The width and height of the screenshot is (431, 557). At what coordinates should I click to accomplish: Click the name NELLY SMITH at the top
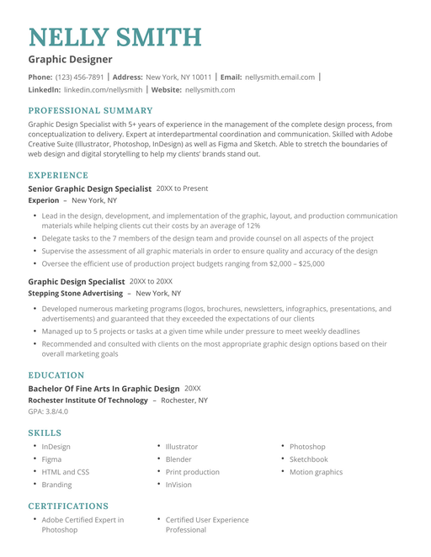pyautogui.click(x=115, y=37)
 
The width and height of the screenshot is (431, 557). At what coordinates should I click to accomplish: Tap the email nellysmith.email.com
pyautogui.click(x=279, y=77)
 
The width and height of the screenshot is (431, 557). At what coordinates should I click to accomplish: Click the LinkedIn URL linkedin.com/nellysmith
pyautogui.click(x=103, y=89)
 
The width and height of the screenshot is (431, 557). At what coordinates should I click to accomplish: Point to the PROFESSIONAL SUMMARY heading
pyautogui.click(x=91, y=110)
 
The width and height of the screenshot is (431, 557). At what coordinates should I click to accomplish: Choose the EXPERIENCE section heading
pyautogui.click(x=58, y=175)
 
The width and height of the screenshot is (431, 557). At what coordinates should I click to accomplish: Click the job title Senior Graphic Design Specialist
pyautogui.click(x=90, y=189)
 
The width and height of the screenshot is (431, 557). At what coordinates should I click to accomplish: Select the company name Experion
pyautogui.click(x=44, y=201)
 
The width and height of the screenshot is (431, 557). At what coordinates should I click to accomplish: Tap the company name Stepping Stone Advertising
pyautogui.click(x=76, y=294)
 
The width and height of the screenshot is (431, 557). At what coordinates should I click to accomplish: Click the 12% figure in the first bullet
pyautogui.click(x=253, y=225)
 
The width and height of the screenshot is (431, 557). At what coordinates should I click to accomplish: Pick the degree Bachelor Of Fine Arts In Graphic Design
pyautogui.click(x=104, y=389)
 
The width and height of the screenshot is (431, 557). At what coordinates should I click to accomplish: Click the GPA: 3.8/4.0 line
pyautogui.click(x=48, y=411)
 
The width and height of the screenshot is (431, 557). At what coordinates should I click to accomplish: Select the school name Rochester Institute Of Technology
pyautogui.click(x=88, y=401)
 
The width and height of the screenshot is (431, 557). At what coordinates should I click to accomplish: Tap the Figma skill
pyautogui.click(x=51, y=459)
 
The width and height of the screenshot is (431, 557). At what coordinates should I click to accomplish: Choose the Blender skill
pyautogui.click(x=178, y=459)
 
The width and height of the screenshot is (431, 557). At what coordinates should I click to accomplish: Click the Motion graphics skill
pyautogui.click(x=316, y=472)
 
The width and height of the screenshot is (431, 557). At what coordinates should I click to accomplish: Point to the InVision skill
pyautogui.click(x=178, y=485)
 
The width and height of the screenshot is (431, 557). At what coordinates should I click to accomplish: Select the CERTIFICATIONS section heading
pyautogui.click(x=68, y=506)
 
